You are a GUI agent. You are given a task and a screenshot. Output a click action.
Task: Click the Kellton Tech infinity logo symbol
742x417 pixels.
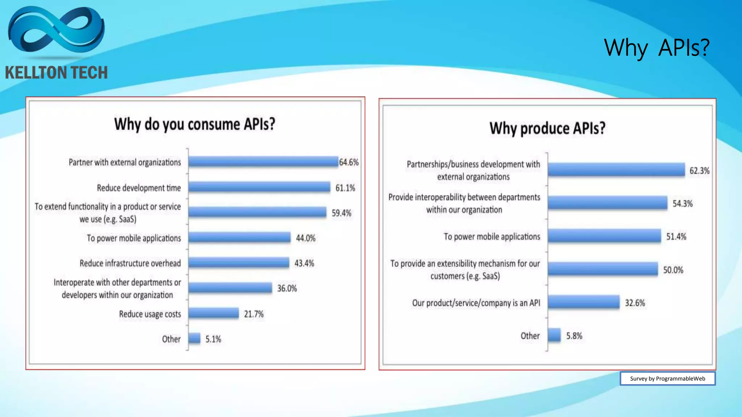56,31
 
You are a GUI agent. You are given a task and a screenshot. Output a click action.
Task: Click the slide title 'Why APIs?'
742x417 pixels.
656,48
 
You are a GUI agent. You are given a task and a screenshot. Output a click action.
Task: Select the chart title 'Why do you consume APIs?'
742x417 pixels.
195,124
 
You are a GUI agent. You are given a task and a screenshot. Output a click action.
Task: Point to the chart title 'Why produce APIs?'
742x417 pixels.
547,129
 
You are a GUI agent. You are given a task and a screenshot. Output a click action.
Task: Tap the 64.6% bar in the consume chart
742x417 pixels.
263,161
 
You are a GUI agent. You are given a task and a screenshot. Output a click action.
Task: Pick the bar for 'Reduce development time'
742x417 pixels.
259,187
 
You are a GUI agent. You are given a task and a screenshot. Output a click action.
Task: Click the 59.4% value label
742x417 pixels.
341,213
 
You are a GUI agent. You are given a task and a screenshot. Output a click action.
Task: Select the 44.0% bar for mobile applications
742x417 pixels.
239,237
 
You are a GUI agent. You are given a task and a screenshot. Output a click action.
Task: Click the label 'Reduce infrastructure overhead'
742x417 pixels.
130,263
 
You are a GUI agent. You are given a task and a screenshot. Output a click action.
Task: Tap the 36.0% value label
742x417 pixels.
287,288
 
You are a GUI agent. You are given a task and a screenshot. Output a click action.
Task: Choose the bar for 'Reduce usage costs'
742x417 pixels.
213,313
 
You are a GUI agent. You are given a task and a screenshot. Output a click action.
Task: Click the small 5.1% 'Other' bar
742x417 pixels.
194,338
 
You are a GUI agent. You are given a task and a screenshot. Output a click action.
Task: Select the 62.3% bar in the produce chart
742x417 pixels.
616,169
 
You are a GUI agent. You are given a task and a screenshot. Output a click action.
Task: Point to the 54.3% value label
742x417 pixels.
683,203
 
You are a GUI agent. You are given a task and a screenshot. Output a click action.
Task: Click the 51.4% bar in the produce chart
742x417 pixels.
604,236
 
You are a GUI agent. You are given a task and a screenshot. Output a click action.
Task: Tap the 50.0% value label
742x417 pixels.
673,270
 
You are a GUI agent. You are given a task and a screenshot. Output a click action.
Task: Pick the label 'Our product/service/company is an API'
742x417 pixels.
476,303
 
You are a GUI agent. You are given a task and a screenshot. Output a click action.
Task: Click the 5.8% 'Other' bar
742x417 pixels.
554,335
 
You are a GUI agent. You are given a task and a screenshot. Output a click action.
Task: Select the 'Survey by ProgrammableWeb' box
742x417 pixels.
667,379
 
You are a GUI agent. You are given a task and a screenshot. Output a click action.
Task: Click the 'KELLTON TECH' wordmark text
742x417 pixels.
56,73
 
